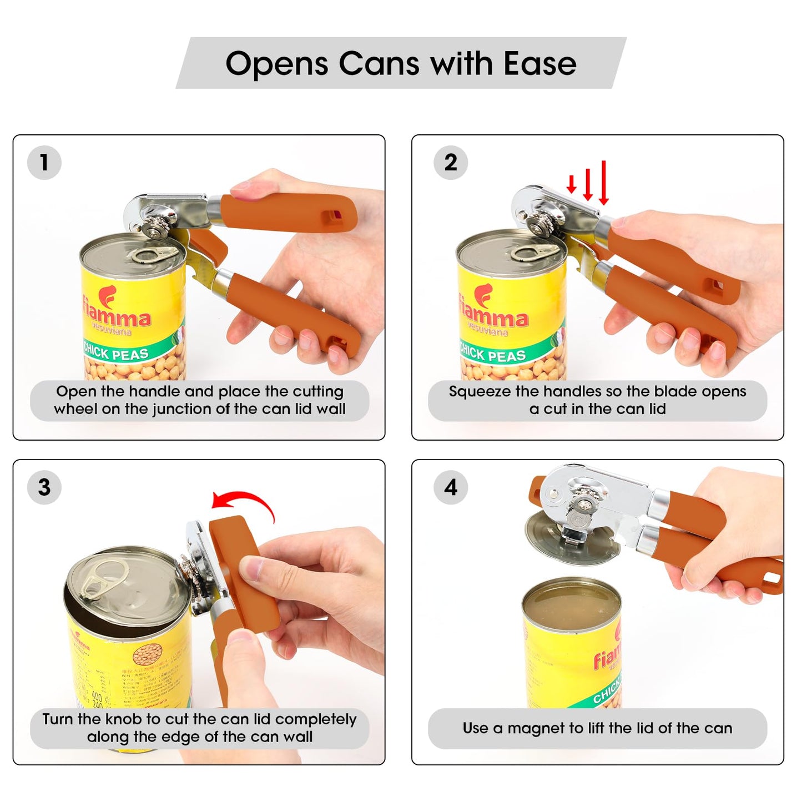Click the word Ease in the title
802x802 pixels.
pyautogui.click(x=539, y=63)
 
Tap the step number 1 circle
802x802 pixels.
pyautogui.click(x=44, y=163)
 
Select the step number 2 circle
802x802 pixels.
pyautogui.click(x=451, y=163)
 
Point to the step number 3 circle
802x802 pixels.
pyautogui.click(x=44, y=487)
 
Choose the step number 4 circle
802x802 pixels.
pyautogui.click(x=451, y=487)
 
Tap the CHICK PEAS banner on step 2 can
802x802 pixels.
pyautogui.click(x=493, y=354)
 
